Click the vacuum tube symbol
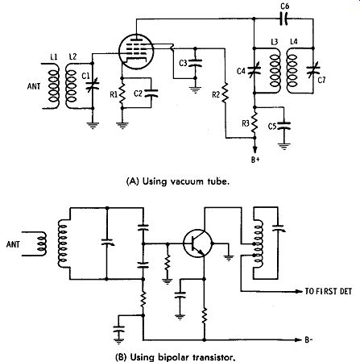tap(136, 52)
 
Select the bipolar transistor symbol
tap(198, 243)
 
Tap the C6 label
tap(285, 6)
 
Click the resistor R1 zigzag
tap(122, 93)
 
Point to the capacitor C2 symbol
tap(151, 94)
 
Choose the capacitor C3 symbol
tap(195, 63)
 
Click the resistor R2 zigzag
tap(225, 94)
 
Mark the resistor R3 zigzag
tap(254, 123)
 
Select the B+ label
tap(255, 160)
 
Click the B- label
tap(308, 339)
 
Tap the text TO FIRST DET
tap(328, 291)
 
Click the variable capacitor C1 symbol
tap(93, 85)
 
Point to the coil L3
tap(275, 70)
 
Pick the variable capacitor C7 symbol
tap(313, 71)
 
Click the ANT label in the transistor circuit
tap(13, 244)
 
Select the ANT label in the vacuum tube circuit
tap(34, 86)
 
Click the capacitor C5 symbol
tap(283, 126)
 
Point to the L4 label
tap(294, 42)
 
